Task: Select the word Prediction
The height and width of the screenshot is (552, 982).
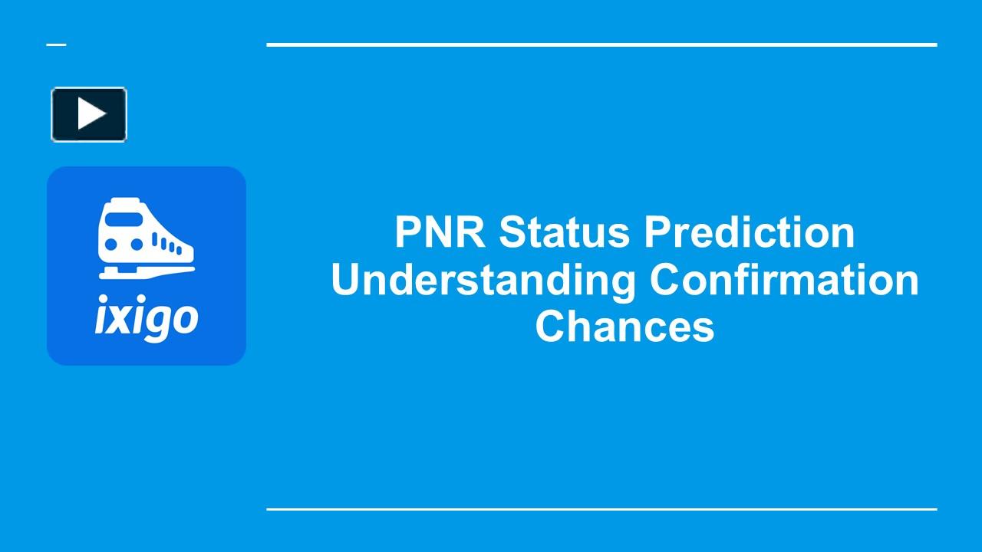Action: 749,232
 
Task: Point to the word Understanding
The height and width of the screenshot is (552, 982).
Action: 483,280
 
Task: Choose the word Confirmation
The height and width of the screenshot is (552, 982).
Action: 783,280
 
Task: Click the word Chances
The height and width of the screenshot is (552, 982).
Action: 624,327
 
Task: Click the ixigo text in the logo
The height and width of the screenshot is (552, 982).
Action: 146,318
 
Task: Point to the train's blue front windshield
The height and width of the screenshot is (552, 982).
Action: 123,219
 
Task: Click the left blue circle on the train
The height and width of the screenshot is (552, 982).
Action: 111,245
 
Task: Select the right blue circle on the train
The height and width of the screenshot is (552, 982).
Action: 137,245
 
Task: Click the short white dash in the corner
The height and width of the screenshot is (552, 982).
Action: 56,44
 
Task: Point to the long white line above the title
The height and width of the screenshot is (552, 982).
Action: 601,44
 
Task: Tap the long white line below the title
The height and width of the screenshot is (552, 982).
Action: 601,509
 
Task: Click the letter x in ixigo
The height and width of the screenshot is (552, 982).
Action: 119,318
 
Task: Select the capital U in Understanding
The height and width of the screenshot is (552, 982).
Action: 347,280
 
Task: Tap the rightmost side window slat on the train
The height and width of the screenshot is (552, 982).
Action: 180,250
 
